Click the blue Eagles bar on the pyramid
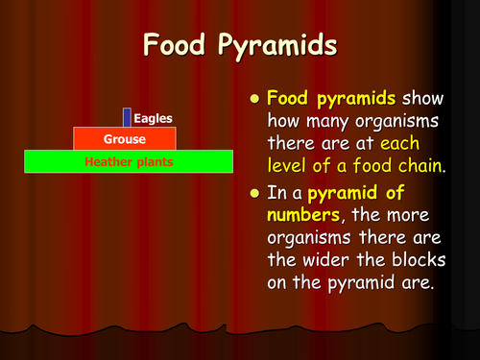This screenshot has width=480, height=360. click(126, 117)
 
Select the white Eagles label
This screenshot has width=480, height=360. click(153, 118)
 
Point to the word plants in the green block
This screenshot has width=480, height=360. click(154, 162)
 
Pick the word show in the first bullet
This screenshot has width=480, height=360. click(422, 99)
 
